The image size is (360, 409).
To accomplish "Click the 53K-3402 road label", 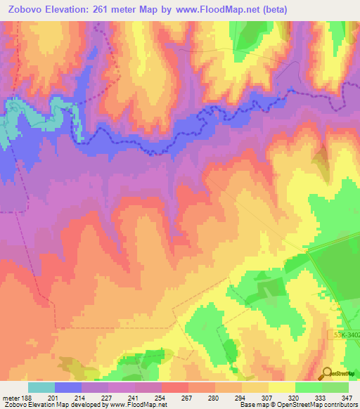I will tap(344, 336).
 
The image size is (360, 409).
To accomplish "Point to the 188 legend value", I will tap(27, 397).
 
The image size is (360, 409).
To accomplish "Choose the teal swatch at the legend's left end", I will tap(41, 387).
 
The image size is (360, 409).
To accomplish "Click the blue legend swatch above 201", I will tap(67, 387).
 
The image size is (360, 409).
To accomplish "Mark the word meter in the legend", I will tap(10, 397).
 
